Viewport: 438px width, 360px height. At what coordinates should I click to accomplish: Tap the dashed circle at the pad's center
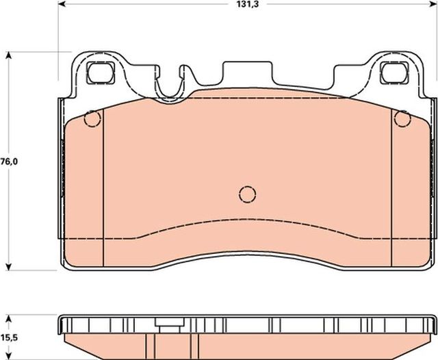coord(247,194)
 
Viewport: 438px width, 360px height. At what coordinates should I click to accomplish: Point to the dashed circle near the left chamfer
coord(92,120)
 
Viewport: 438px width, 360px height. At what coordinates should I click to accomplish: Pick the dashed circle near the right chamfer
coord(402,120)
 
